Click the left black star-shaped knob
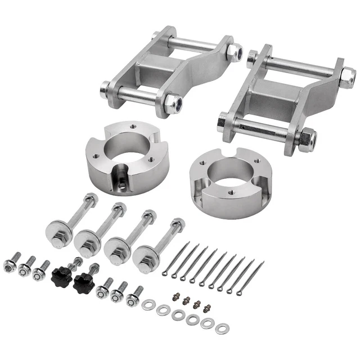point(60,275)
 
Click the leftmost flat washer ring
point(148,304)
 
